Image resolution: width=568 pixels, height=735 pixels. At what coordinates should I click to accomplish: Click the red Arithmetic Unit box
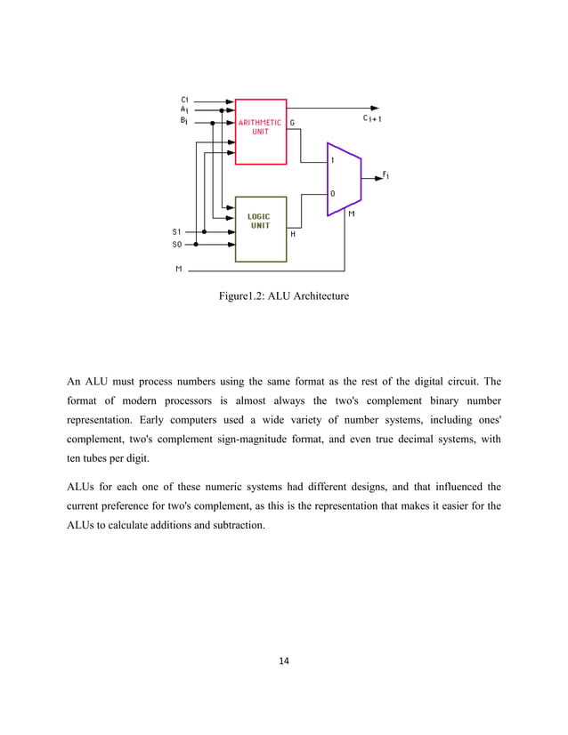pos(261,131)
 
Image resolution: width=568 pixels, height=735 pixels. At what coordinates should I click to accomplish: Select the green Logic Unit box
pos(261,228)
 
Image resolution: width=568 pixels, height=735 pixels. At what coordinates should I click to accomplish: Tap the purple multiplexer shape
pos(343,178)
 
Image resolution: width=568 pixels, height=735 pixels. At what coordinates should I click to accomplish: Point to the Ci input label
pos(184,99)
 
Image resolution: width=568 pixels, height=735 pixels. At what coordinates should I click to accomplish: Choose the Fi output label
pos(386,175)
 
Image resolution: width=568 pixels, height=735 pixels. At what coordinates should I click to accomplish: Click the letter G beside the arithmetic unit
pos(293,123)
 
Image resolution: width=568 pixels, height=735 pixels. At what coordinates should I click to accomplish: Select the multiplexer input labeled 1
pos(333,161)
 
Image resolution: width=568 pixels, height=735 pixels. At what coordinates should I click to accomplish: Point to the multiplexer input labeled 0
pos(333,193)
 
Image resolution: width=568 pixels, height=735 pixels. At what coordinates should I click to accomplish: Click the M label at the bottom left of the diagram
pos(177,268)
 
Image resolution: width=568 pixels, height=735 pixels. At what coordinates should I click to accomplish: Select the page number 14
pos(284,660)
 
